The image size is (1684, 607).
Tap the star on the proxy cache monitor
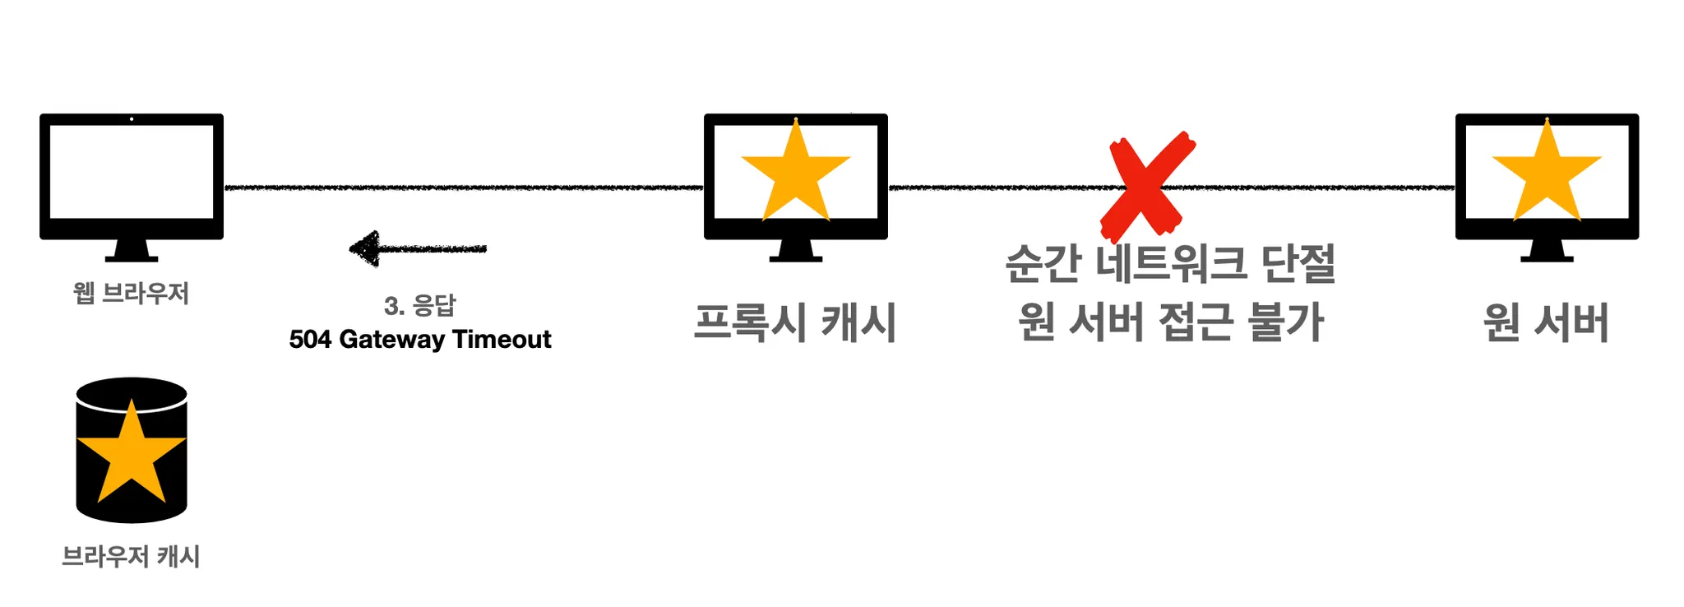(x=795, y=175)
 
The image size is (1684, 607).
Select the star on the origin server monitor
(x=1547, y=175)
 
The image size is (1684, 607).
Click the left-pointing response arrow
(x=418, y=248)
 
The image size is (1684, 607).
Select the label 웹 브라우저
(x=132, y=294)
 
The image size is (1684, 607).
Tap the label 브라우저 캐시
(x=132, y=557)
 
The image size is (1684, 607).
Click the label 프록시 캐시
(x=795, y=322)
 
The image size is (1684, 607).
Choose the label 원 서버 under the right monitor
(x=1546, y=322)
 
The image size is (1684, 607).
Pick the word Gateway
(x=391, y=340)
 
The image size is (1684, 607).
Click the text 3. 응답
(x=419, y=306)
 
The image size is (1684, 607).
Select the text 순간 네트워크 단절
(x=1170, y=264)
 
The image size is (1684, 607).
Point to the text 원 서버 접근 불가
(x=1170, y=322)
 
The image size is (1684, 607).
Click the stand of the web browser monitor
(x=132, y=251)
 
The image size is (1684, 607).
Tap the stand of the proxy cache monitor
(x=795, y=251)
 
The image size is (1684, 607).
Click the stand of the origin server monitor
(x=1547, y=251)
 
